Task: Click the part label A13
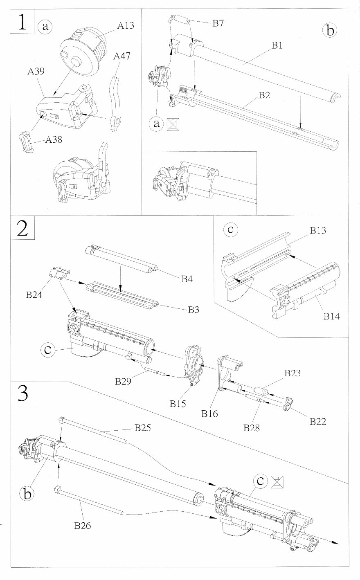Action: pyautogui.click(x=126, y=26)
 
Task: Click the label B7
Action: pyautogui.click(x=218, y=23)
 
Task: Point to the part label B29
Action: pyautogui.click(x=123, y=381)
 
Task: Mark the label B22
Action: pyautogui.click(x=317, y=421)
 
